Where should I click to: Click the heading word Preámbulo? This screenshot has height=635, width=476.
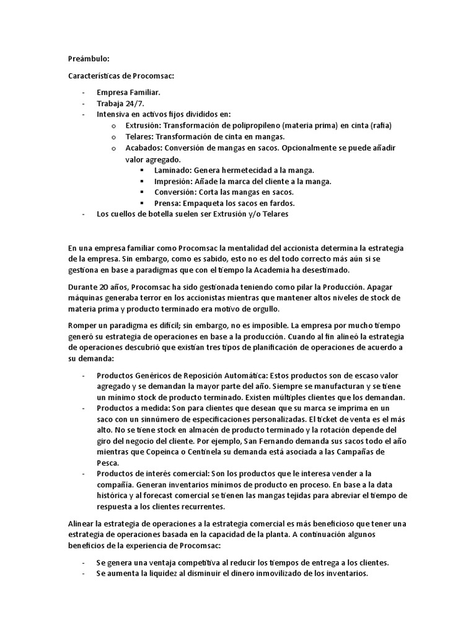click(88, 59)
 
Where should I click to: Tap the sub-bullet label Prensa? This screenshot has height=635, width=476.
click(168, 203)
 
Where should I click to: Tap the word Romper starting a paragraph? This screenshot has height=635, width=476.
click(82, 326)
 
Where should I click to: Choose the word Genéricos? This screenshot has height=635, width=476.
click(151, 375)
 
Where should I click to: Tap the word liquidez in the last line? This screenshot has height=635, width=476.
click(170, 574)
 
